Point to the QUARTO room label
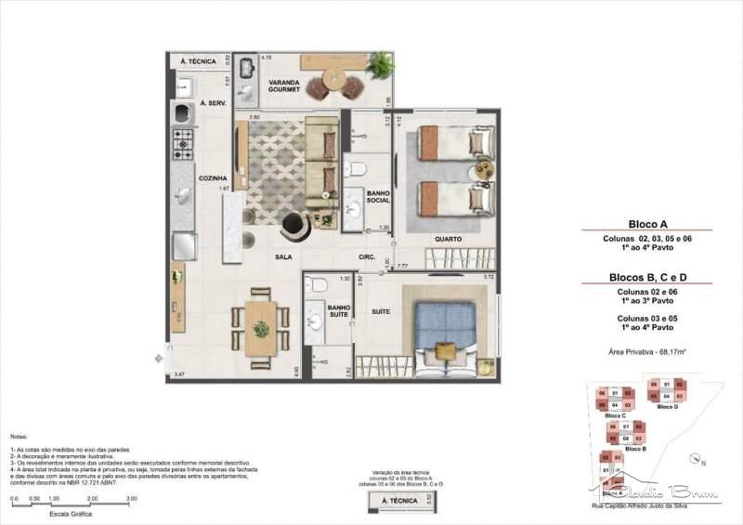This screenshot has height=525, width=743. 447,239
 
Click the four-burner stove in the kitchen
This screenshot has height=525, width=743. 181,143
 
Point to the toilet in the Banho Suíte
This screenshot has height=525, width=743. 316,286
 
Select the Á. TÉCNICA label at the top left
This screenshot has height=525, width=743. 197,61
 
